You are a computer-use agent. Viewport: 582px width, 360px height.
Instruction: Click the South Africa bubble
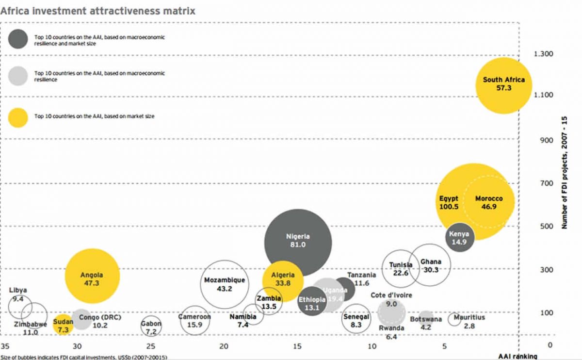click(503, 84)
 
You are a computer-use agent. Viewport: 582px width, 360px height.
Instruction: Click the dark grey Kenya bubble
click(459, 238)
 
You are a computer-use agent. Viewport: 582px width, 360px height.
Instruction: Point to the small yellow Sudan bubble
click(63, 325)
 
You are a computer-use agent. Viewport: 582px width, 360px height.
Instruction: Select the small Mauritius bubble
click(454, 319)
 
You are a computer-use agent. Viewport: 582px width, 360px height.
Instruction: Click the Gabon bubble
click(151, 327)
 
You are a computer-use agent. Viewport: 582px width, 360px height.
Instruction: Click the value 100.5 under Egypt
click(449, 207)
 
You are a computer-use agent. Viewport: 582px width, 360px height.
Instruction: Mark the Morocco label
click(488, 199)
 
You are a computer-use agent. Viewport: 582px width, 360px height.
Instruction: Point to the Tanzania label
click(361, 275)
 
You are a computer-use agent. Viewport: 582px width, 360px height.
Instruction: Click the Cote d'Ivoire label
click(391, 295)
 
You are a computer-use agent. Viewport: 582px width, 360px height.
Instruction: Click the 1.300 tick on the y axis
click(543, 53)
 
